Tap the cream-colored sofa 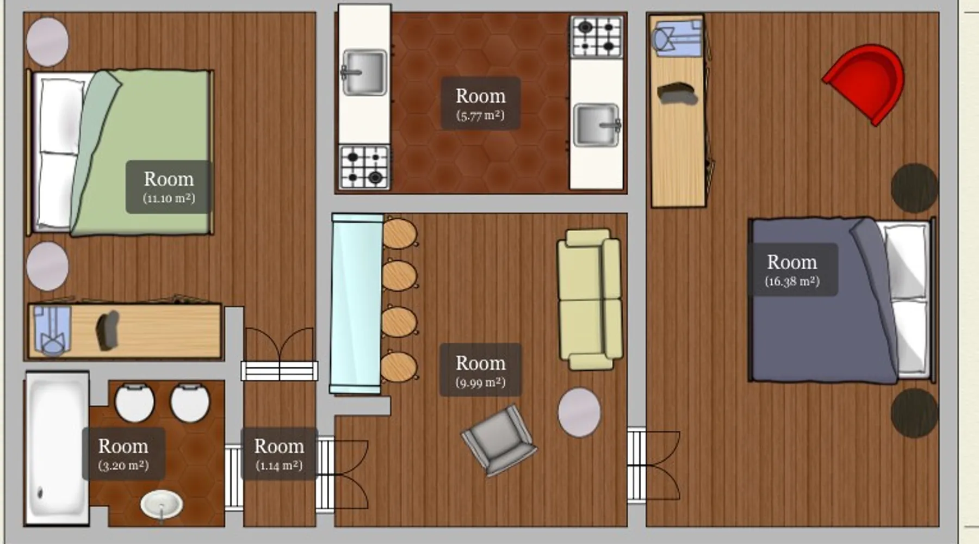(590, 299)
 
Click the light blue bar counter (357, 303)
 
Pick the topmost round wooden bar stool (400, 233)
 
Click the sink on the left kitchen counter (364, 72)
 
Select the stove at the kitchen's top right (597, 37)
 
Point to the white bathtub (57, 448)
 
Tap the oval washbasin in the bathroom (162, 504)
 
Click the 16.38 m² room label (792, 270)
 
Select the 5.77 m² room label (480, 103)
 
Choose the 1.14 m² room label (279, 454)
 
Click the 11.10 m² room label (169, 187)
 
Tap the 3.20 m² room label (123, 454)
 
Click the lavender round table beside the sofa (579, 412)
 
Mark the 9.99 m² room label (480, 370)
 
